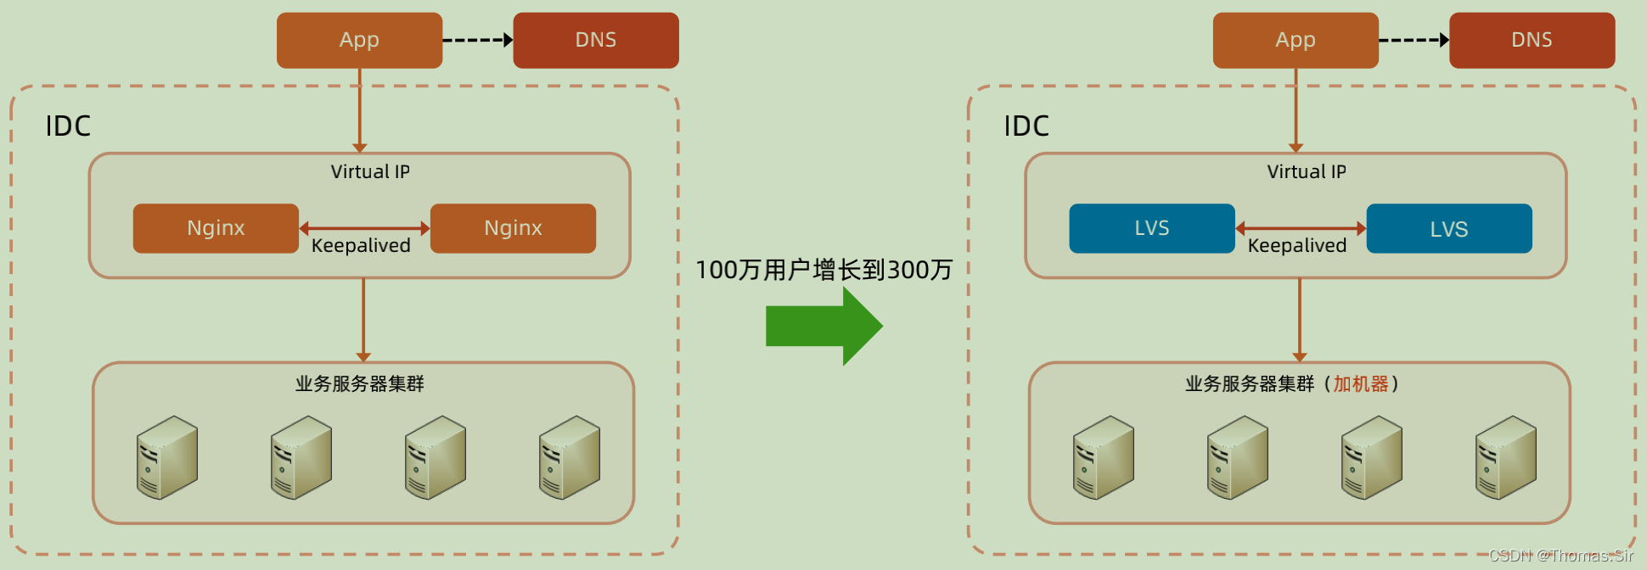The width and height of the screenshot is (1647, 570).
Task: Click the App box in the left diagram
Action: coord(359,40)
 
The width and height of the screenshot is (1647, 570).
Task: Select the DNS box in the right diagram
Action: coord(1532,40)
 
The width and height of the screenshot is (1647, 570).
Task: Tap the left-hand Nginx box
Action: coord(216,228)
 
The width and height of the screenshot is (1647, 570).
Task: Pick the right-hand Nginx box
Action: coord(513,228)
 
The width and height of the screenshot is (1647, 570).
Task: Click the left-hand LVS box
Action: coord(1151,228)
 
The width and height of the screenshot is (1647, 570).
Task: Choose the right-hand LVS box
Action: coord(1448,228)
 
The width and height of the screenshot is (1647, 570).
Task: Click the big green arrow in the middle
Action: coord(823,327)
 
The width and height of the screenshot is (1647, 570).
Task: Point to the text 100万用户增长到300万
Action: coord(823,270)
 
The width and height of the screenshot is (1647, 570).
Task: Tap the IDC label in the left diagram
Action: coord(68,126)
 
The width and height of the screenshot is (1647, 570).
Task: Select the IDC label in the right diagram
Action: coord(1026,126)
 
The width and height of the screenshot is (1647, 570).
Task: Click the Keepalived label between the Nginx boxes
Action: coord(361,246)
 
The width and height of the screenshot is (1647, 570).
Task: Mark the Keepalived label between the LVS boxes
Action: coord(1297,246)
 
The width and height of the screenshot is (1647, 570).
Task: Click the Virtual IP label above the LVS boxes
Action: coord(1307,172)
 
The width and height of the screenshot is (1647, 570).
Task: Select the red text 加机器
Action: coord(1360,384)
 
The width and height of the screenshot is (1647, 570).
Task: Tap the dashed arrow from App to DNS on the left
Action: coord(478,40)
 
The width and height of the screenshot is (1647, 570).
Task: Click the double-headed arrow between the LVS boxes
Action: coord(1301,228)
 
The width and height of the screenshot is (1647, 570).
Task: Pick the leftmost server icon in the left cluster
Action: coord(167,457)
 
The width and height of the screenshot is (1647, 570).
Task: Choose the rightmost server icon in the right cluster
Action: coord(1505,457)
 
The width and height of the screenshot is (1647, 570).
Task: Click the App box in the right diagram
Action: coord(1296,40)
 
